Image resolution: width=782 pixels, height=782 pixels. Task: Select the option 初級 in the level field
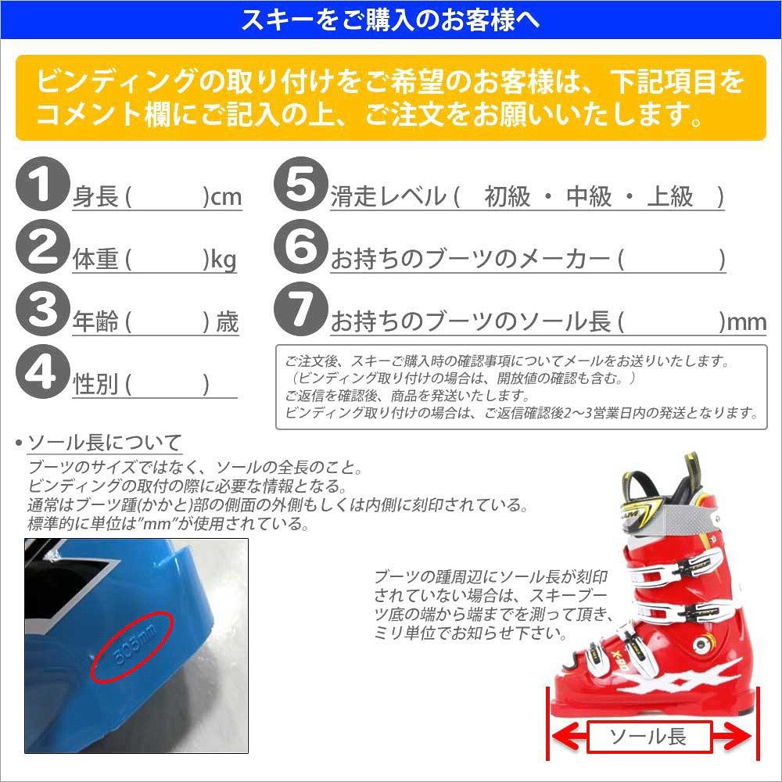pos(507,196)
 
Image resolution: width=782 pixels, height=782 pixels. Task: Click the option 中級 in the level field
pos(588,196)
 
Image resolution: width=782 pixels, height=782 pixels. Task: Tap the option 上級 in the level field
pos(670,196)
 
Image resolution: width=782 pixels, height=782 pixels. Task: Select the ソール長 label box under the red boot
pos(647,736)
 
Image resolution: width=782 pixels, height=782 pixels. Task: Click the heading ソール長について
pos(105,443)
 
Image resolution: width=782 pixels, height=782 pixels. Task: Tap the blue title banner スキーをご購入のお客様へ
pos(391,20)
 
